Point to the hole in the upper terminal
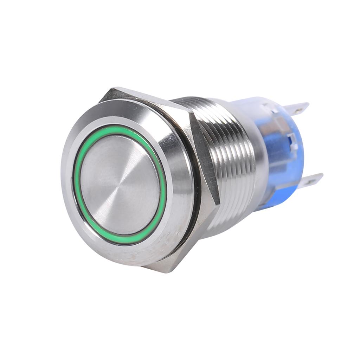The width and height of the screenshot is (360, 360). point(299,110)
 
